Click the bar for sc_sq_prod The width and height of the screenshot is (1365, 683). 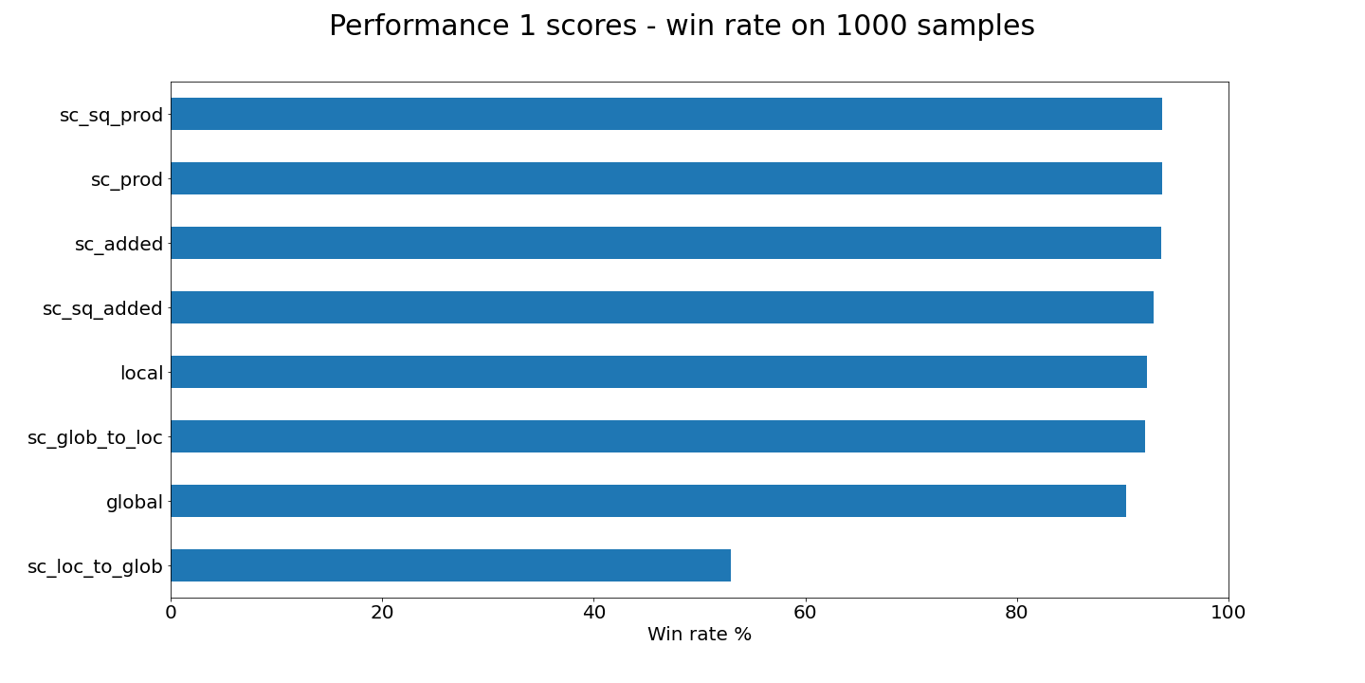(665, 114)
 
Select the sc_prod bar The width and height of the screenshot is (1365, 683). (665, 178)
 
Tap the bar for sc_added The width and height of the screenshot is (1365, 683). (665, 243)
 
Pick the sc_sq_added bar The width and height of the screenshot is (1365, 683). (662, 307)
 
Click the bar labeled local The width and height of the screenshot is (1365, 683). (658, 372)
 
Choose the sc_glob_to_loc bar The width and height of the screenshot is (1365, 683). (657, 436)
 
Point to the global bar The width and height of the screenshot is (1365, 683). (647, 501)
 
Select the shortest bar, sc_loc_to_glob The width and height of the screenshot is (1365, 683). (450, 565)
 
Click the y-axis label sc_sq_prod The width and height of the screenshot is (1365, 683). (111, 116)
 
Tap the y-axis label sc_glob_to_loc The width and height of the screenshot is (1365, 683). (95, 438)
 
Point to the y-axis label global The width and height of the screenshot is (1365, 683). (134, 503)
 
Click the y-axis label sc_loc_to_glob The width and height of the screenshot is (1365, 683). (95, 567)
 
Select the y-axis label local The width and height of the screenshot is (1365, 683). (141, 374)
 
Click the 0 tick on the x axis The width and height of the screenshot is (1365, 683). (171, 613)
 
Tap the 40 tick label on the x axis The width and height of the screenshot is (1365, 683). (593, 613)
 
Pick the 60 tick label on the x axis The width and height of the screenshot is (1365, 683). (805, 613)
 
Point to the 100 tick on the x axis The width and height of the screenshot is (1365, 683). (1228, 613)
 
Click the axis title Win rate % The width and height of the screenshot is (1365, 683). (699, 635)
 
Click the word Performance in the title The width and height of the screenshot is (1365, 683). (410, 27)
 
